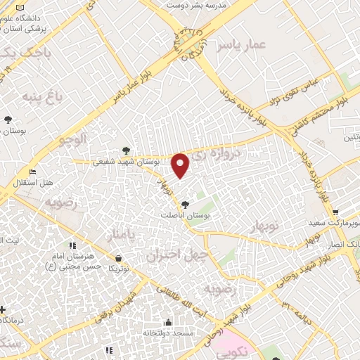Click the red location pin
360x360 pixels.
click(181, 166)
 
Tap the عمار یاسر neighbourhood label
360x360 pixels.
click(243, 45)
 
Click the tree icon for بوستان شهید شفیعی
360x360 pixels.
click(126, 150)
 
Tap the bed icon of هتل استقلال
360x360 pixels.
click(32, 172)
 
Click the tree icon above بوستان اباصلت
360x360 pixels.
click(184, 205)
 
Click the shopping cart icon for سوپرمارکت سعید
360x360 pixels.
click(335, 212)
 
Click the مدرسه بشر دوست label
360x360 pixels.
click(193, 5)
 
